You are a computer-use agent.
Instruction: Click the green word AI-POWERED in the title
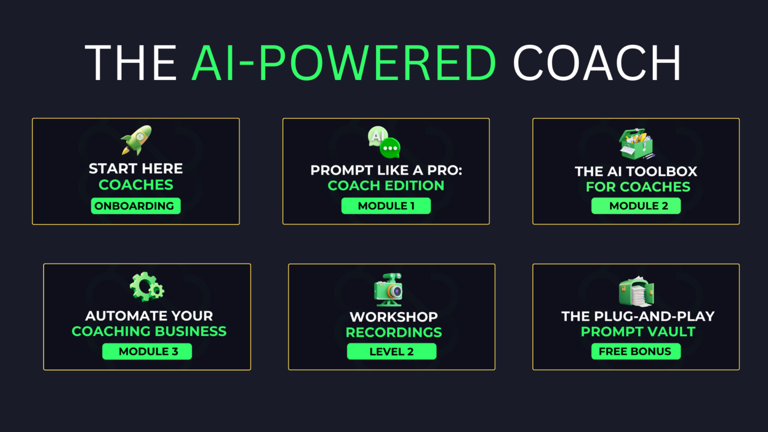click(x=343, y=63)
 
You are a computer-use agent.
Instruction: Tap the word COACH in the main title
click(x=597, y=63)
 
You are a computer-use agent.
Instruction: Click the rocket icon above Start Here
click(x=136, y=140)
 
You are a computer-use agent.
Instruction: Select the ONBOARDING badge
click(x=135, y=206)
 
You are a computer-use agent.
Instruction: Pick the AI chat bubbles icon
click(x=385, y=142)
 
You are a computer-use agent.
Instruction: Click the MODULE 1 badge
click(x=386, y=206)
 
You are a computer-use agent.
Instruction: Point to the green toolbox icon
click(x=636, y=144)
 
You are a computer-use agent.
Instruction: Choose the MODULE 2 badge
click(x=636, y=206)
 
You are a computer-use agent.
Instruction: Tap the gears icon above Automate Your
click(x=147, y=286)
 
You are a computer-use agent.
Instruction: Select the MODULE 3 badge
click(x=147, y=351)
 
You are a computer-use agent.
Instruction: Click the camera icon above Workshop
click(x=388, y=290)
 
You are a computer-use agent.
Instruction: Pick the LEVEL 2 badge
click(x=391, y=351)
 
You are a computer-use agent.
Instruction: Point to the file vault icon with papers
click(x=636, y=291)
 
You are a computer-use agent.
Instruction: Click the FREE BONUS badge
click(x=636, y=351)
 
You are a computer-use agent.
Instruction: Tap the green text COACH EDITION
click(x=386, y=186)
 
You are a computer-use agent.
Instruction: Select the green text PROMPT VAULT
click(x=638, y=332)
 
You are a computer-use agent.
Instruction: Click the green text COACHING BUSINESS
click(x=149, y=331)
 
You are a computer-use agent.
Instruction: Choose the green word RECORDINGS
click(x=394, y=332)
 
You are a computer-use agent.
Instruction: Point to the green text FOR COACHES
click(x=638, y=187)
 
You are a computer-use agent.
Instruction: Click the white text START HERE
click(x=136, y=169)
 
